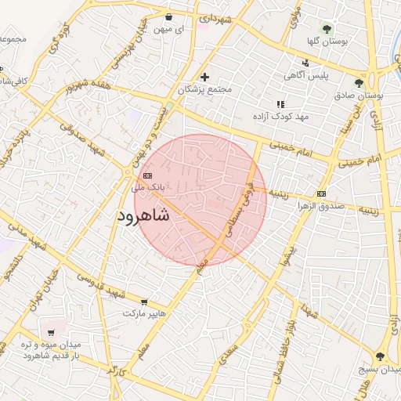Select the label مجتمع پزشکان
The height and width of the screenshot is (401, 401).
tap(205, 89)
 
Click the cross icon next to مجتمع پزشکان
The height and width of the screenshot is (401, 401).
tap(205, 77)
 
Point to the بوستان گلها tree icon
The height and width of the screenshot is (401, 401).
tap(327, 30)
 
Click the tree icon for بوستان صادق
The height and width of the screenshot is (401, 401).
tap(359, 83)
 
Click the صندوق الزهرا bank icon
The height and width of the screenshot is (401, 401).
tap(321, 193)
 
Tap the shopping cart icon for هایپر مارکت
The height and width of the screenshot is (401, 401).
tap(144, 302)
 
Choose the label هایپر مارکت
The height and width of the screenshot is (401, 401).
tap(144, 313)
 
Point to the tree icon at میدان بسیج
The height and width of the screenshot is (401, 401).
tap(381, 356)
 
